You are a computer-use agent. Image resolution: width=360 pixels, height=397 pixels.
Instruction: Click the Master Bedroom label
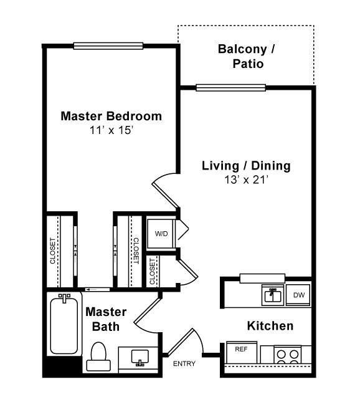pyautogui.click(x=111, y=116)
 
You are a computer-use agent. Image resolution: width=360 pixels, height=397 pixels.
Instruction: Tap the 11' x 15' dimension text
pyautogui.click(x=111, y=131)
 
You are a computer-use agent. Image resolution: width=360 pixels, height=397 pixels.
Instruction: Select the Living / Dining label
pyautogui.click(x=246, y=166)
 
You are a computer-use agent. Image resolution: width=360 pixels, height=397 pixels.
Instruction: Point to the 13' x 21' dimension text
pyautogui.click(x=246, y=180)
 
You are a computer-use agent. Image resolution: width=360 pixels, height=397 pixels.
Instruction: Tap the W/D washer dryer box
pyautogui.click(x=161, y=233)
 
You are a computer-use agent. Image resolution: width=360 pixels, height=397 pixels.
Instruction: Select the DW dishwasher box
pyautogui.click(x=298, y=295)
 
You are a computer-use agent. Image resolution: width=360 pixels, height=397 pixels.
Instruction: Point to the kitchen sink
pyautogui.click(x=272, y=295)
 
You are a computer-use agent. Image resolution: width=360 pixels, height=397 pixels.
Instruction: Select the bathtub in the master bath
pyautogui.click(x=65, y=323)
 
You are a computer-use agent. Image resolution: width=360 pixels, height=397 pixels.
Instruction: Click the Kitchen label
pyautogui.click(x=270, y=326)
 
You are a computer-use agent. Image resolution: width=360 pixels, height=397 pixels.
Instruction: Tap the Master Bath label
pyautogui.click(x=106, y=319)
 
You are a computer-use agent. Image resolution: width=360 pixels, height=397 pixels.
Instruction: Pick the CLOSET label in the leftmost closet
pyautogui.click(x=53, y=251)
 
